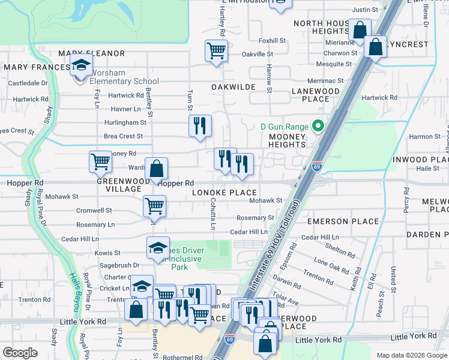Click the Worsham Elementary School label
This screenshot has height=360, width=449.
(x=124, y=77)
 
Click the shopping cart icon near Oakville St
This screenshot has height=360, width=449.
(x=216, y=50)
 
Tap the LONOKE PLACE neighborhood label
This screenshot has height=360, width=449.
(x=224, y=193)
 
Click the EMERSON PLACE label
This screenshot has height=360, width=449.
(x=343, y=221)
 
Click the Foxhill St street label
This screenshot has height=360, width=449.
(x=272, y=41)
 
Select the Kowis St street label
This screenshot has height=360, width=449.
(x=109, y=253)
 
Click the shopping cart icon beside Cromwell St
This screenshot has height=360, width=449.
(x=154, y=206)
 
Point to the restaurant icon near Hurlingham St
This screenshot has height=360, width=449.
(x=200, y=126)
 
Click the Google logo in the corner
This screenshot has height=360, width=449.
(x=20, y=353)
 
